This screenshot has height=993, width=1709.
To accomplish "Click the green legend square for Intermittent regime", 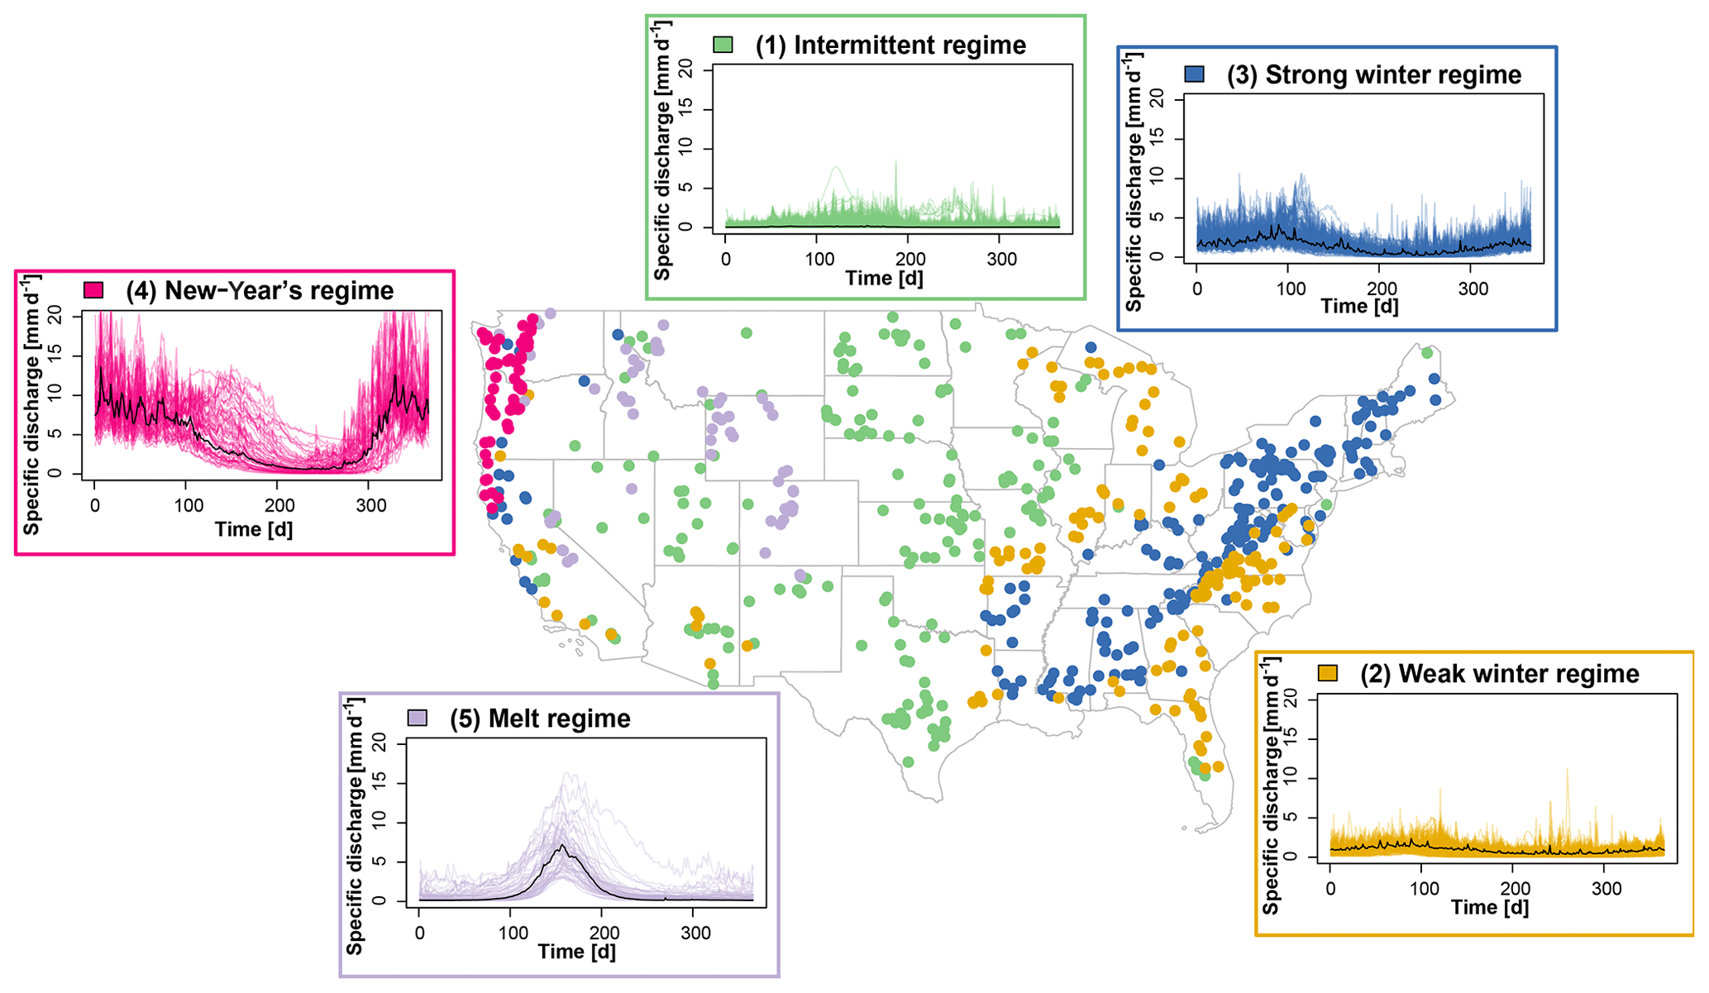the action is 723,45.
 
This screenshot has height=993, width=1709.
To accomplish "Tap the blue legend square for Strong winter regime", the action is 1194,74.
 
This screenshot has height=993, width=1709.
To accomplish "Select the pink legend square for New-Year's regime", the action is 93,290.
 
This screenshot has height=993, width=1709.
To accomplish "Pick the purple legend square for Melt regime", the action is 418,718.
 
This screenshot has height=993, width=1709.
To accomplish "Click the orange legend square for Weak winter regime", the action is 1328,673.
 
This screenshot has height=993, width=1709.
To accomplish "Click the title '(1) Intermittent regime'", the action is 890,45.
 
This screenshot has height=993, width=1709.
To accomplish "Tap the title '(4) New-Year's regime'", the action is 260,290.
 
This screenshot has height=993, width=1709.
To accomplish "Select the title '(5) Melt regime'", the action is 540,718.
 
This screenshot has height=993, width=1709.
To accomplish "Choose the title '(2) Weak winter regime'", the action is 1500,674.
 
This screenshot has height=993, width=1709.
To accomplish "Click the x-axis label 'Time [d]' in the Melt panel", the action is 577,952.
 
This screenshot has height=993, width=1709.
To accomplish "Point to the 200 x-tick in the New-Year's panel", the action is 279,506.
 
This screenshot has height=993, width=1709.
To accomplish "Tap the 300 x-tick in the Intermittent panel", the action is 1002,260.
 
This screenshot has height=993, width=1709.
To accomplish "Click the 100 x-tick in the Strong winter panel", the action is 1291,289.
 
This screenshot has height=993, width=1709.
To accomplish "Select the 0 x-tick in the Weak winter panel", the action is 1330,890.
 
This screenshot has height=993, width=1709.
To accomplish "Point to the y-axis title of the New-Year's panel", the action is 31,405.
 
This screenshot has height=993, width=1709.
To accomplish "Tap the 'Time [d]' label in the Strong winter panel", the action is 1360,306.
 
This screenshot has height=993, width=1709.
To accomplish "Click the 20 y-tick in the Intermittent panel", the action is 685,70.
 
